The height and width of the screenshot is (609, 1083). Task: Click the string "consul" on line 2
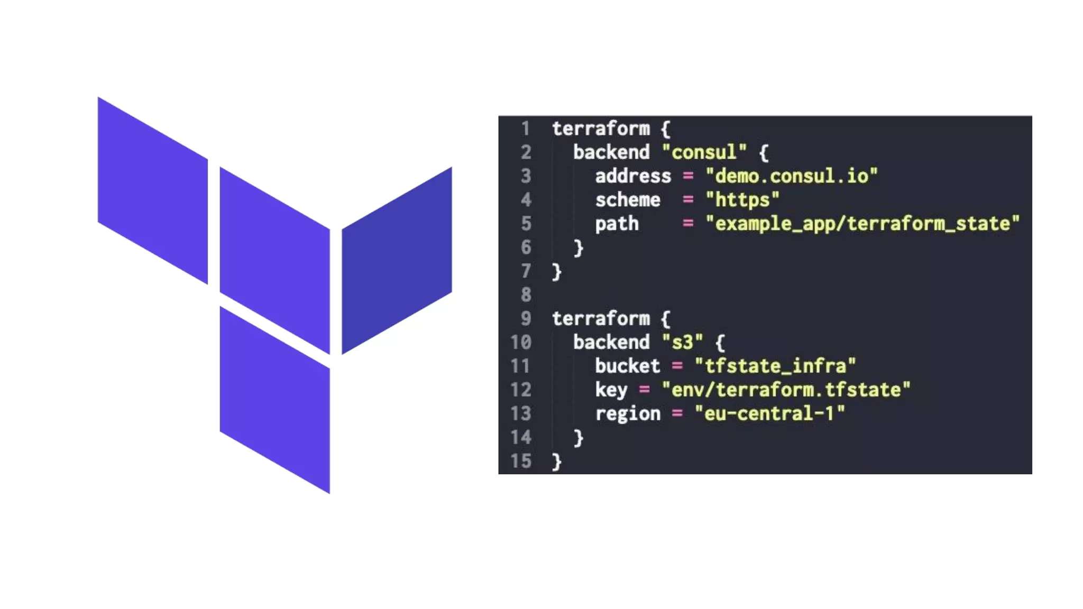click(x=704, y=152)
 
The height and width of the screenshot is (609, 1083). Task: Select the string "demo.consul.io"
click(x=791, y=176)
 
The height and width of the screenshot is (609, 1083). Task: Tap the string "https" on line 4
click(x=742, y=200)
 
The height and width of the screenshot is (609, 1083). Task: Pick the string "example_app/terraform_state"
click(x=862, y=224)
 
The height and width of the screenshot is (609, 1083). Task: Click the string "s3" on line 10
click(x=682, y=342)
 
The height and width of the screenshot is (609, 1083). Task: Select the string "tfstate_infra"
click(x=775, y=366)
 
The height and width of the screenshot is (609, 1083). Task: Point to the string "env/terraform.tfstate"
click(x=786, y=390)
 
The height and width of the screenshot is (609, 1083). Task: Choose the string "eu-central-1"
click(x=769, y=413)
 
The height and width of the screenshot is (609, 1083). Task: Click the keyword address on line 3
click(x=633, y=176)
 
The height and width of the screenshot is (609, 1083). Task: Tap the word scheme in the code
click(x=628, y=200)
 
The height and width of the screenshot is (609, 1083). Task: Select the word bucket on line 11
click(x=628, y=366)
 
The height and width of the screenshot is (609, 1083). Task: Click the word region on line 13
click(x=628, y=413)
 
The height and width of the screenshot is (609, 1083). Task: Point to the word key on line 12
click(x=611, y=390)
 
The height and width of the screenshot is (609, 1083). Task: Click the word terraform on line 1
click(x=601, y=128)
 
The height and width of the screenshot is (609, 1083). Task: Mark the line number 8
click(x=526, y=294)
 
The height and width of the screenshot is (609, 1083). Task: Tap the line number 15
click(x=521, y=461)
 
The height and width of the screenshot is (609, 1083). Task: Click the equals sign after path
click(x=687, y=224)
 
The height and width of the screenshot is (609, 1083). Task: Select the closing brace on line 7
click(x=556, y=271)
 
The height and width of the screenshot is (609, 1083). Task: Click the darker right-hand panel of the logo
click(x=397, y=260)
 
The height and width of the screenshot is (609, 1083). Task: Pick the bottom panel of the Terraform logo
click(x=274, y=400)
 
